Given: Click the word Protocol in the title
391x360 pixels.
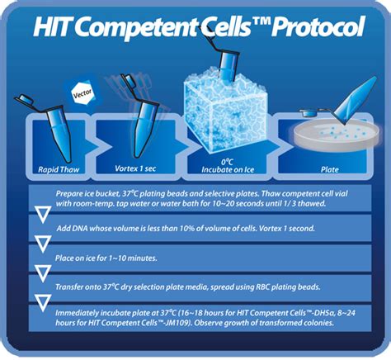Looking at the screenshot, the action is pos(318,26).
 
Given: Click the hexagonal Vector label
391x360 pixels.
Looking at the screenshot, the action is pos(82,93).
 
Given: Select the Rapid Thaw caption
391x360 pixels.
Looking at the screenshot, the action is pos(59,169).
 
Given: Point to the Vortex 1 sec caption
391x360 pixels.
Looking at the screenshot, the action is pos(135,168).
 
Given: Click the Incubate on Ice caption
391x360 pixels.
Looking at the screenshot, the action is pos(228,170).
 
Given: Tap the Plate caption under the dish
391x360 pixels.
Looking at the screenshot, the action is pos(329,169).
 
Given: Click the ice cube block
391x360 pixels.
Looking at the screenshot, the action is pos(225,110).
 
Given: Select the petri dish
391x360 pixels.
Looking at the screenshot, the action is pos(337,135).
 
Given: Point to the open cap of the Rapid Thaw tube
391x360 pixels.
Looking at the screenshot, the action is pos(25,99).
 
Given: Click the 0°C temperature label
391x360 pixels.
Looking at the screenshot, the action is pos(227,162).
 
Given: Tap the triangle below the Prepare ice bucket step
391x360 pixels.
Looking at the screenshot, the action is pos(43,214).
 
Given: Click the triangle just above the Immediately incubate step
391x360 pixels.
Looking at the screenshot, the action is pos(43,303).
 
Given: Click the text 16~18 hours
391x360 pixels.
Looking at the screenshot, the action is pos(202,313).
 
